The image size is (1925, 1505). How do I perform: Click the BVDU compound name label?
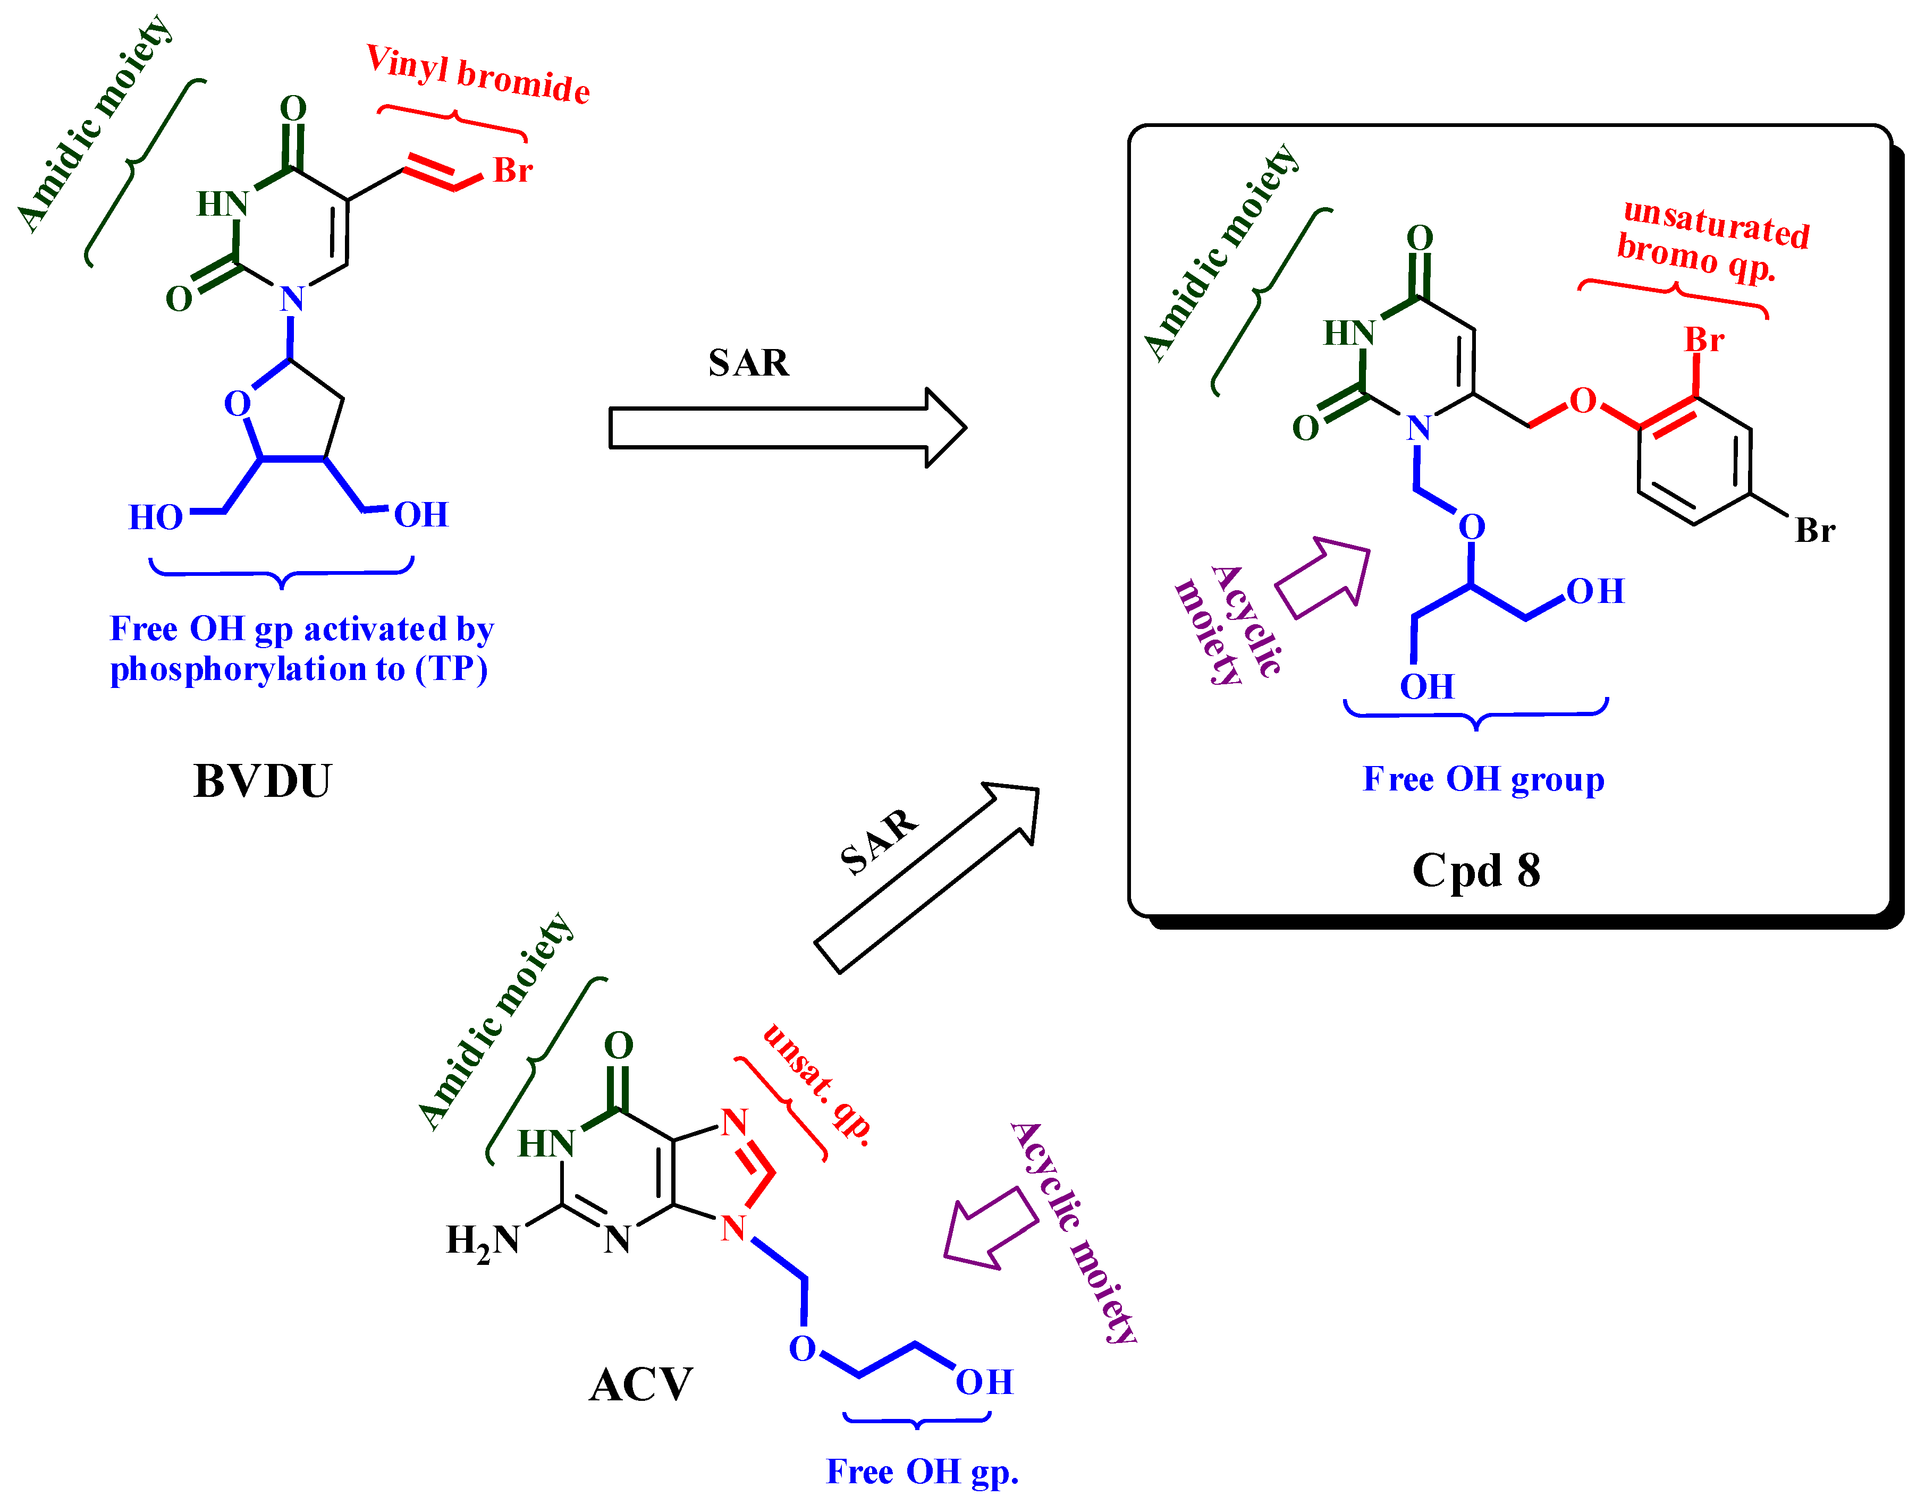pyautogui.click(x=262, y=781)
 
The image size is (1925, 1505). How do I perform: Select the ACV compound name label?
pyautogui.click(x=641, y=1384)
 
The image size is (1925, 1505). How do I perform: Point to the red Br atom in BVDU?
pyautogui.click(x=512, y=170)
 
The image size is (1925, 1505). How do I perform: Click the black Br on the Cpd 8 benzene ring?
pyautogui.click(x=1815, y=531)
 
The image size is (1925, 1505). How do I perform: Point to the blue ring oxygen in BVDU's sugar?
pyautogui.click(x=237, y=404)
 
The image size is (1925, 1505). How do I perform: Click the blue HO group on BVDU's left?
pyautogui.click(x=156, y=517)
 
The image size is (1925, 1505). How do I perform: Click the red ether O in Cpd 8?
pyautogui.click(x=1583, y=401)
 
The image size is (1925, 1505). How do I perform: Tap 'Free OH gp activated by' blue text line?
pyautogui.click(x=301, y=629)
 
